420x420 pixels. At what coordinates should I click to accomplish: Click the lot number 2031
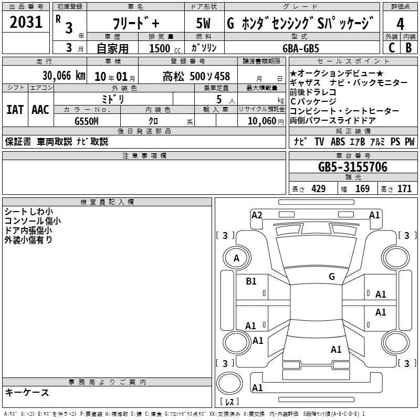pyautogui.click(x=26, y=23)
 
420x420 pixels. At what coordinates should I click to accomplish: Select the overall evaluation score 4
pyautogui.click(x=401, y=24)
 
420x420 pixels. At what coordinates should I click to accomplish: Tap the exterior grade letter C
pyautogui.click(x=391, y=47)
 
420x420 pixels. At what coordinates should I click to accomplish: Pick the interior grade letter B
pyautogui.click(x=409, y=47)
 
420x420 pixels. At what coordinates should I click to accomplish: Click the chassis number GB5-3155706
pyautogui.click(x=353, y=167)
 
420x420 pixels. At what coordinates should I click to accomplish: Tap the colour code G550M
pyautogui.click(x=87, y=120)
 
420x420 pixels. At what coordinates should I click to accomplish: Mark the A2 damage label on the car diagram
pyautogui.click(x=257, y=215)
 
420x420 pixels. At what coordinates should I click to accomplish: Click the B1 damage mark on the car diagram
pyautogui.click(x=251, y=281)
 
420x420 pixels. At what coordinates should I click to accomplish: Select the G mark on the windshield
pyautogui.click(x=331, y=277)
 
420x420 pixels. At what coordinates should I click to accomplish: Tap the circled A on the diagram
pyautogui.click(x=236, y=258)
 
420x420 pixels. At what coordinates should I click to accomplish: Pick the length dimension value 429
pyautogui.click(x=318, y=189)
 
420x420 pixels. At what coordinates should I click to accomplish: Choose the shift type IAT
pyautogui.click(x=15, y=110)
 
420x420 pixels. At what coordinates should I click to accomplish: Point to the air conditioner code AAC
pyautogui.click(x=40, y=110)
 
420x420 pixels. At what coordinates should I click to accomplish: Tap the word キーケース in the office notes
pyautogui.click(x=27, y=393)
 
